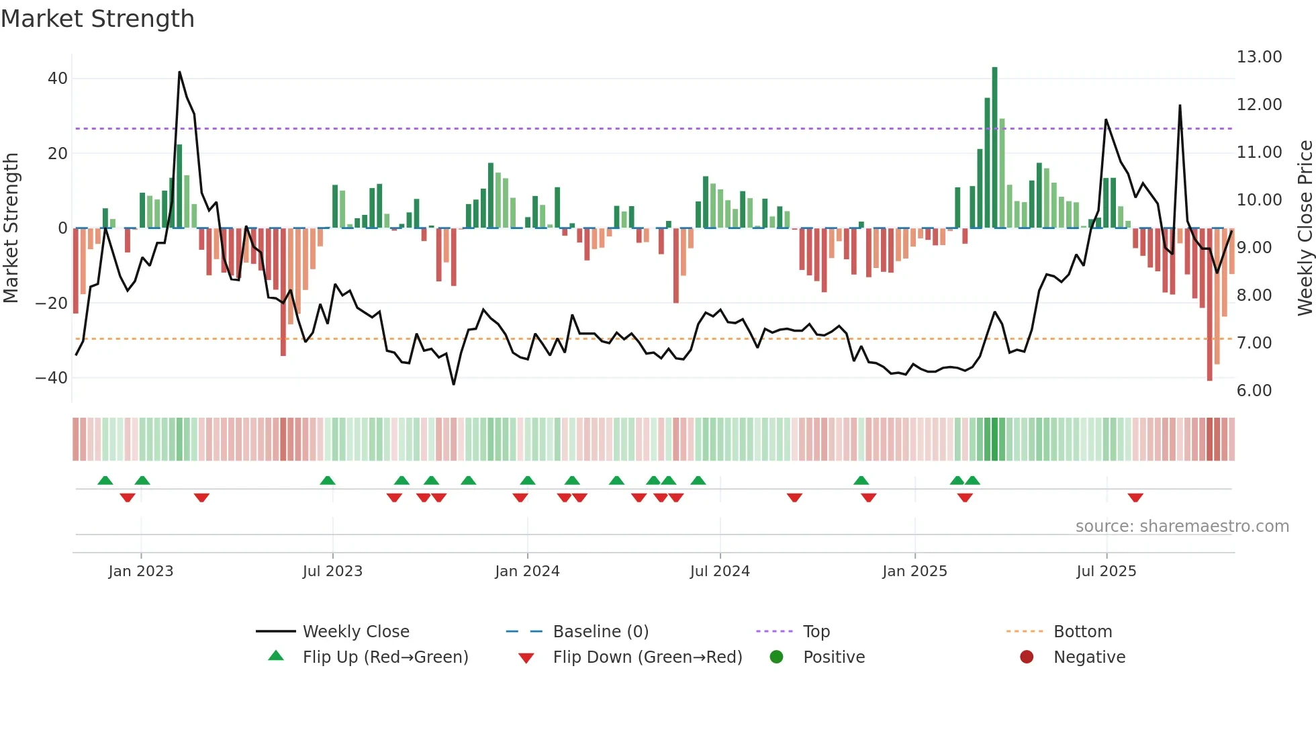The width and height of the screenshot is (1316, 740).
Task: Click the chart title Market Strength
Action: tap(97, 19)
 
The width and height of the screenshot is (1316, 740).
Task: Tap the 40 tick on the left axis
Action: tap(58, 79)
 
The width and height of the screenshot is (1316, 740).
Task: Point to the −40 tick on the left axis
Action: tap(52, 378)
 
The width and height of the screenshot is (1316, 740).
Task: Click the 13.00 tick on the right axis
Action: tap(1259, 57)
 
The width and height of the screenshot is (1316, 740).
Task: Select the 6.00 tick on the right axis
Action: tap(1254, 391)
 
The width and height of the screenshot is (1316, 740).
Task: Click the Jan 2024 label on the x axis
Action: tap(527, 571)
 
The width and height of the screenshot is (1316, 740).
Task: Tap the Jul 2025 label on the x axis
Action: tap(1106, 571)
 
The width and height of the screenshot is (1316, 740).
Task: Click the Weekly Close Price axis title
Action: tap(1305, 228)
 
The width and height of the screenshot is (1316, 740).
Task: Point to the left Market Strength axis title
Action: tap(11, 228)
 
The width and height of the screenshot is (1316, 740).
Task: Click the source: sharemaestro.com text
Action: tap(1182, 526)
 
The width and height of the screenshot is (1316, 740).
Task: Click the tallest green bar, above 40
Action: tap(994, 148)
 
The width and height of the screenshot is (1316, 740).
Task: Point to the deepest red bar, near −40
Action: tap(1209, 306)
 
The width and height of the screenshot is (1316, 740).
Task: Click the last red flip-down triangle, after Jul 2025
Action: tap(1135, 498)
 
